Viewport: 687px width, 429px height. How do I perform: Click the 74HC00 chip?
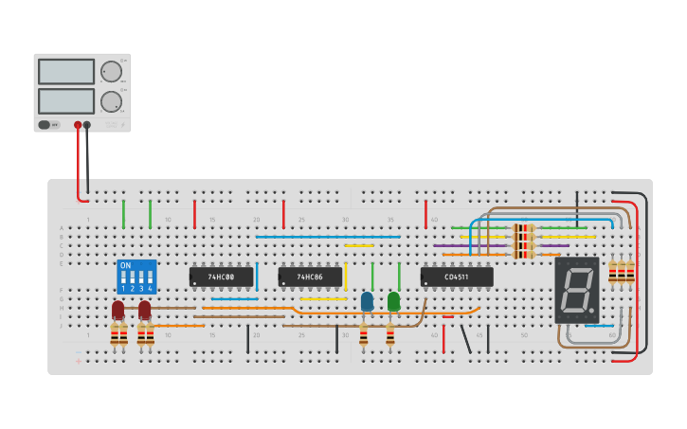221,277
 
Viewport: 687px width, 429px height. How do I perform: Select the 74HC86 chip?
310,277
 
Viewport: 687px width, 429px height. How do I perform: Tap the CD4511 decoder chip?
457,277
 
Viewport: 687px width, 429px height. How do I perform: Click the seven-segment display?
576,290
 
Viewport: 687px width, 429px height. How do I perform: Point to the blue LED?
367,301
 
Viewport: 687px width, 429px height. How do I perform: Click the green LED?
393,301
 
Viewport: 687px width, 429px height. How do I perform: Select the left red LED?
118,310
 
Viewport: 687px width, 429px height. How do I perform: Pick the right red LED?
144,310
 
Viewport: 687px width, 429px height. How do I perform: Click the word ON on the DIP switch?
126,265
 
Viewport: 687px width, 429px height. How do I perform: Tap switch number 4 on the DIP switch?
150,282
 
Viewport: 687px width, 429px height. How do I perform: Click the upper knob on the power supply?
111,72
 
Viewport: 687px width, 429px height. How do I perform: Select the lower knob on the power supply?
111,101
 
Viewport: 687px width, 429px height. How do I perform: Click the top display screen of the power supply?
66,72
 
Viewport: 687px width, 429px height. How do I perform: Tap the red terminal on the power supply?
78,125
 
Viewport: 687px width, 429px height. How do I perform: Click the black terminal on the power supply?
87,125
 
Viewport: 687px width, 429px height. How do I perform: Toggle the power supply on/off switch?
45,125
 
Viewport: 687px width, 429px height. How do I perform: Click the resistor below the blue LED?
363,334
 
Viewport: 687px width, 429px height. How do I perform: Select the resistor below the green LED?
389,334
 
